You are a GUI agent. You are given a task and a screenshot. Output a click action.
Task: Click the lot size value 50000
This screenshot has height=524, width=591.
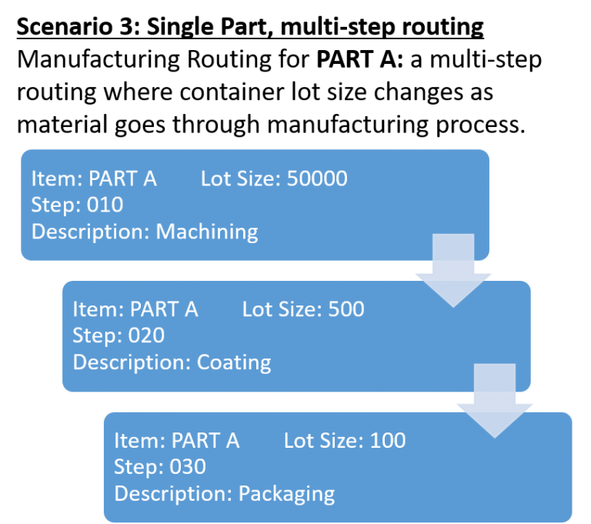pyautogui.click(x=316, y=179)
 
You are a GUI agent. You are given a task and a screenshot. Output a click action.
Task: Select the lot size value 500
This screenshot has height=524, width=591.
pyautogui.click(x=346, y=310)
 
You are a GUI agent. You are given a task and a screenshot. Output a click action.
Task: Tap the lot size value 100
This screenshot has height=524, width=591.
pyautogui.click(x=387, y=441)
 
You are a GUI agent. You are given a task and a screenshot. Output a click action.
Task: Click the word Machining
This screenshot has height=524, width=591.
pyautogui.click(x=207, y=232)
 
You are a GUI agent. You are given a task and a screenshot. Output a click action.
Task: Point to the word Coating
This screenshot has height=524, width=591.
pyautogui.click(x=234, y=362)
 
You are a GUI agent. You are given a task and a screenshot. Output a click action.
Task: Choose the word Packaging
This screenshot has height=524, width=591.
pyautogui.click(x=286, y=493)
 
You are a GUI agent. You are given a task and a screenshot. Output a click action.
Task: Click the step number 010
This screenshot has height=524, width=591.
pyautogui.click(x=105, y=205)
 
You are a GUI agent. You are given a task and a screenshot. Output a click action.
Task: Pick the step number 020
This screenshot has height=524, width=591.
pyautogui.click(x=147, y=336)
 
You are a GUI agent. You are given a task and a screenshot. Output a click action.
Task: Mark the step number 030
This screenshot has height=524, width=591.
pyautogui.click(x=189, y=467)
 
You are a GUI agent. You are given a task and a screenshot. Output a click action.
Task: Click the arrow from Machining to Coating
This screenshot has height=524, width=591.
pyautogui.click(x=453, y=270)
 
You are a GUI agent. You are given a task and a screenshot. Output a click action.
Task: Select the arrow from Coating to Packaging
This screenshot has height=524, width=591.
pyautogui.click(x=495, y=401)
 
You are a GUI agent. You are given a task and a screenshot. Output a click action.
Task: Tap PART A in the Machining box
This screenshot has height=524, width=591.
pyautogui.click(x=122, y=179)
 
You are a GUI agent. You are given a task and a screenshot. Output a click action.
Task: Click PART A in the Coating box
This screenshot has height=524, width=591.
pyautogui.click(x=164, y=310)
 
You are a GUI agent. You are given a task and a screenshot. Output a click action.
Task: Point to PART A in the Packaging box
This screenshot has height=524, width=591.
pyautogui.click(x=205, y=441)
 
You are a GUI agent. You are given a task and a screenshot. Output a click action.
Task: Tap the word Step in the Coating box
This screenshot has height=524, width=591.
pyautogui.click(x=93, y=336)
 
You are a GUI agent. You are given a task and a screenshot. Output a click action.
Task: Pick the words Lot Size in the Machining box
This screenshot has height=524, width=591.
pyautogui.click(x=239, y=179)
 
